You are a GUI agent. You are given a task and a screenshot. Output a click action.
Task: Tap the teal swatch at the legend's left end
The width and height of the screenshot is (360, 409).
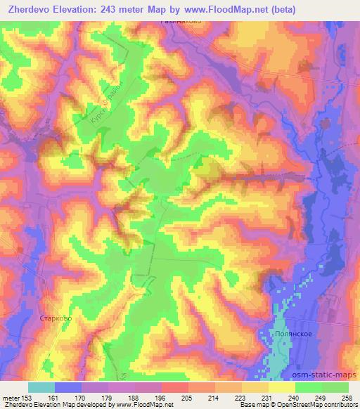(41, 387)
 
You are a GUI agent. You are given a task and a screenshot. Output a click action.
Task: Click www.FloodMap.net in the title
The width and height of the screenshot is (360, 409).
(220, 10)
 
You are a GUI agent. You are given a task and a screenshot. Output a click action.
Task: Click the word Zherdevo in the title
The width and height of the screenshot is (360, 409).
(30, 10)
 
